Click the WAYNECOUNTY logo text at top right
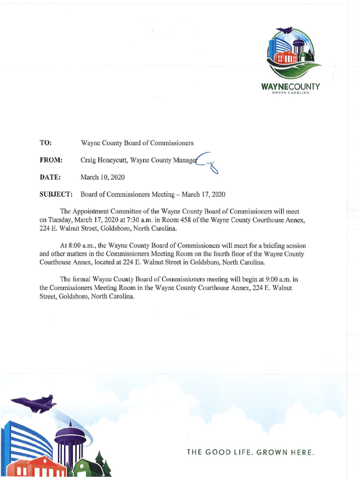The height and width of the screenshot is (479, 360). (x=290, y=87)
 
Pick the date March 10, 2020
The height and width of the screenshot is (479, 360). (x=102, y=177)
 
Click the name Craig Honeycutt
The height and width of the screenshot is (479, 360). (x=103, y=160)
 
